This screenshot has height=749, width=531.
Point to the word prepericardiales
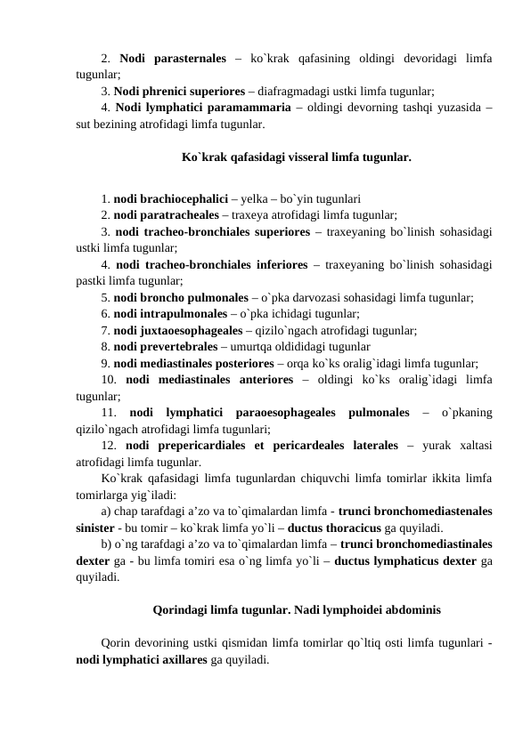pos(199,445)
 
